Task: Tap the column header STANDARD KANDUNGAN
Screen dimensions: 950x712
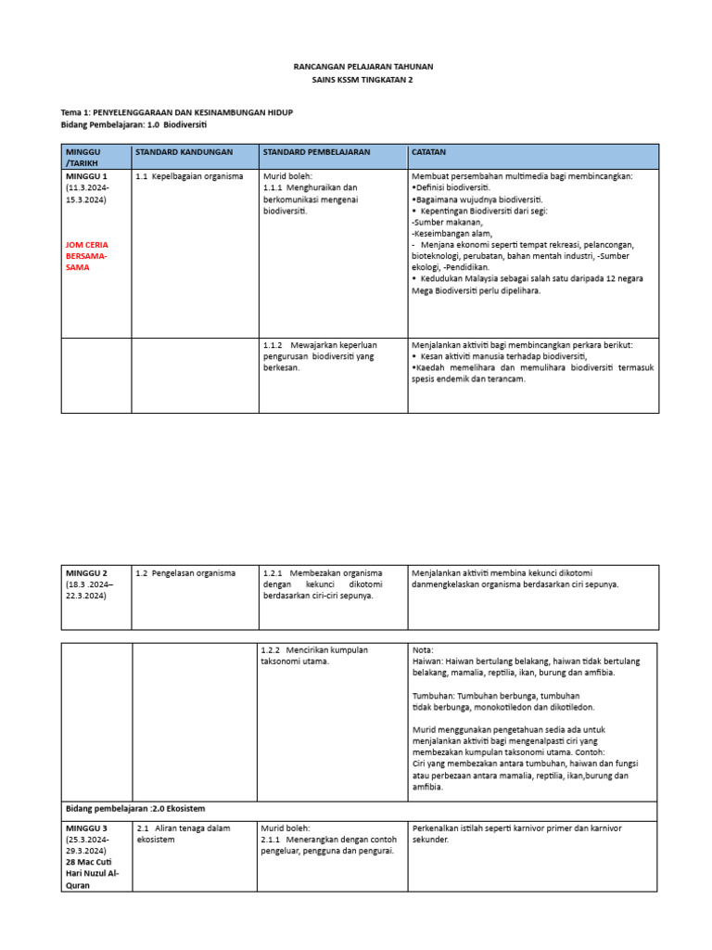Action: click(184, 151)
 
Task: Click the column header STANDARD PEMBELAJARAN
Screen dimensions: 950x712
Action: click(316, 151)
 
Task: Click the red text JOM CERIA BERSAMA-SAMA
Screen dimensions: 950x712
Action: click(86, 255)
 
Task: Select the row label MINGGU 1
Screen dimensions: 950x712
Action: click(86, 176)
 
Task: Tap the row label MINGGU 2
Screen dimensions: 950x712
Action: click(86, 573)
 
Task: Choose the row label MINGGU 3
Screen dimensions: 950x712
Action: click(86, 828)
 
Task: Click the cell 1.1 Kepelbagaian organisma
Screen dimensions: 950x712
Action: click(189, 176)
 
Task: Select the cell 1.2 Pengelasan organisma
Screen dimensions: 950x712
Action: click(185, 573)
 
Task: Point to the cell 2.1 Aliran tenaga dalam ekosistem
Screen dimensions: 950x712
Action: click(183, 833)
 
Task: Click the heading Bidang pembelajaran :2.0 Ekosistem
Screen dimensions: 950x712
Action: click(134, 808)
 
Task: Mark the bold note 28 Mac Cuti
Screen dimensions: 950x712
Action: click(90, 862)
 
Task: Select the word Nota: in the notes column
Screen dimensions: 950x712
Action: click(422, 650)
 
